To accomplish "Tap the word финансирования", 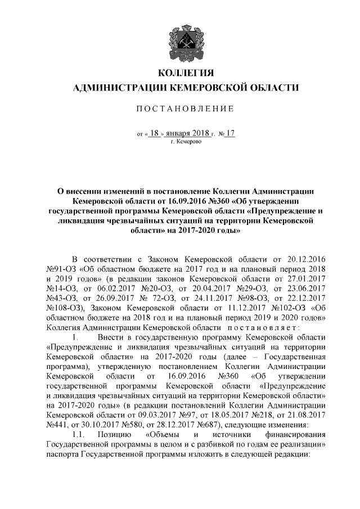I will tap(294, 434).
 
